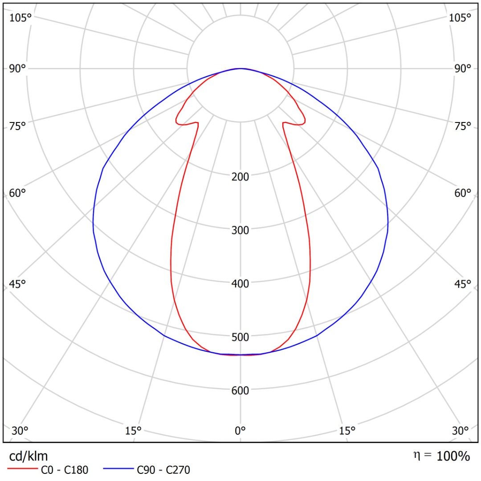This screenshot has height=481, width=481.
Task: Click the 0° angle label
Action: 240,431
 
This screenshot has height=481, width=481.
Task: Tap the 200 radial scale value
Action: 240,176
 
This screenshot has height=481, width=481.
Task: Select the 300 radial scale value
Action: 240,230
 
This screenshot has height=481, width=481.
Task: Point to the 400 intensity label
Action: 240,283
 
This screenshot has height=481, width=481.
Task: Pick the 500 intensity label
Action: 240,337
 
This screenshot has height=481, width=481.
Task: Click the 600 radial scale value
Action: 240,391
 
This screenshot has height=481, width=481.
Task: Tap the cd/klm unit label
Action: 29,456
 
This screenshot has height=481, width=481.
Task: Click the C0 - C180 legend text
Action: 65,469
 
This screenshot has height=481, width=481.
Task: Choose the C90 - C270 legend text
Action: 163,469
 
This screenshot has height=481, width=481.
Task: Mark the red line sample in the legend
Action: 22,469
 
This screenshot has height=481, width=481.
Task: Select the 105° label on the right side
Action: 460,18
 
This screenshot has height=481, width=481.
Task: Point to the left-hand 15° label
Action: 133,431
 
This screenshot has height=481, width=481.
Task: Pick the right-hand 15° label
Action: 347,431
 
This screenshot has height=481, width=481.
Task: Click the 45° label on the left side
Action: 18,284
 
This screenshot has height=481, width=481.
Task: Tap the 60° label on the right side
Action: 463,193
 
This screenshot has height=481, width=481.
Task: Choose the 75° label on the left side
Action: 18,126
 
